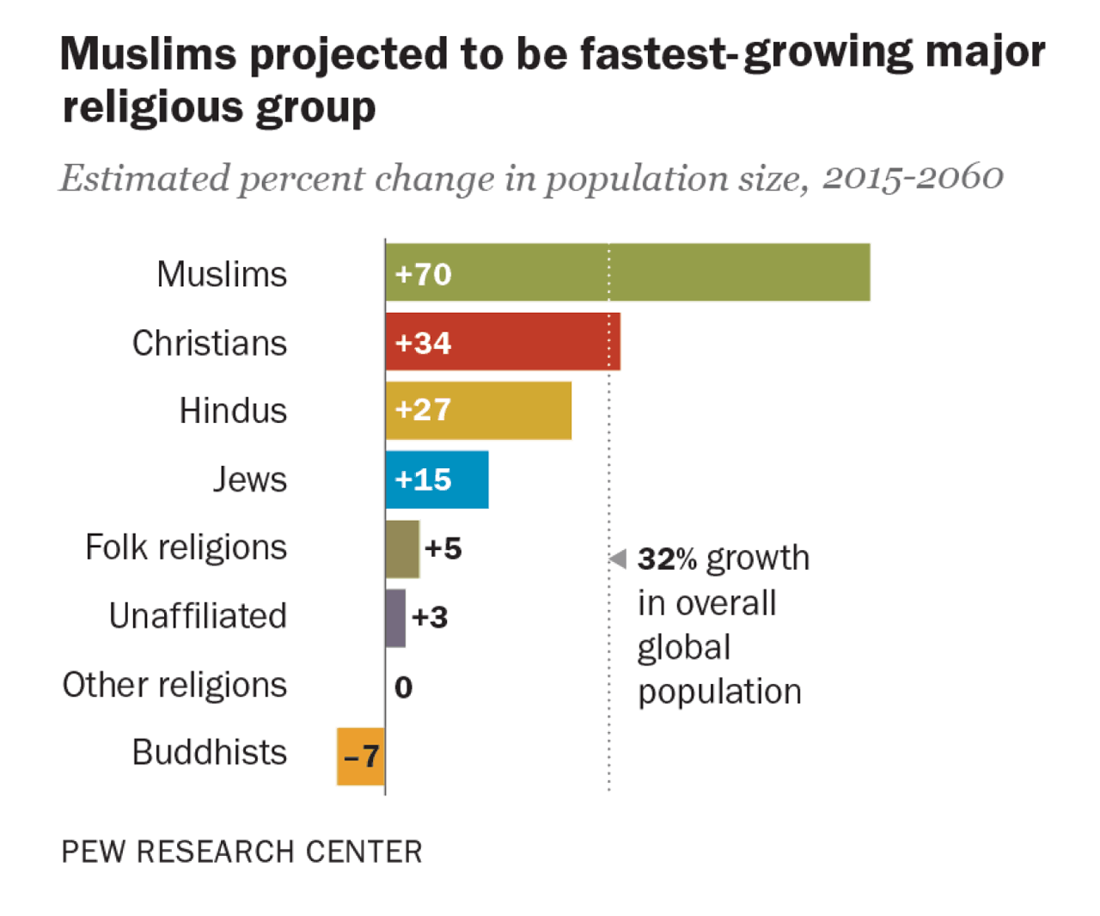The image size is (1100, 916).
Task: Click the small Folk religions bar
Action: tap(402, 548)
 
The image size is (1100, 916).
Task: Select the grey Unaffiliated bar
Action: tap(395, 617)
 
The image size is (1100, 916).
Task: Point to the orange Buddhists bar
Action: tap(360, 756)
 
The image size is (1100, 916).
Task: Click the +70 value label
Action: tap(423, 274)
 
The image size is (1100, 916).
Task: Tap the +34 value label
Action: tap(423, 343)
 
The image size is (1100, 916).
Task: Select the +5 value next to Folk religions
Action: tap(443, 548)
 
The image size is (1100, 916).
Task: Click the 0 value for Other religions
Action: tap(403, 687)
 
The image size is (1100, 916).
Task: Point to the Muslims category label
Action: tap(222, 274)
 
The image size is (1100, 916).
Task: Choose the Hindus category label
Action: tap(233, 411)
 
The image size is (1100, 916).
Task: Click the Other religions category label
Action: tap(174, 685)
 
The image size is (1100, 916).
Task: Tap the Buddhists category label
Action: tap(210, 753)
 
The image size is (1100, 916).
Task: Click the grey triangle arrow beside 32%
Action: tap(618, 559)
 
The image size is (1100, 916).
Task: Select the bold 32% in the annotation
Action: tap(667, 559)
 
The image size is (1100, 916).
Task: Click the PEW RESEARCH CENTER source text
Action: tap(241, 852)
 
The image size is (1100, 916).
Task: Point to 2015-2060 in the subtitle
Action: tap(913, 178)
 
